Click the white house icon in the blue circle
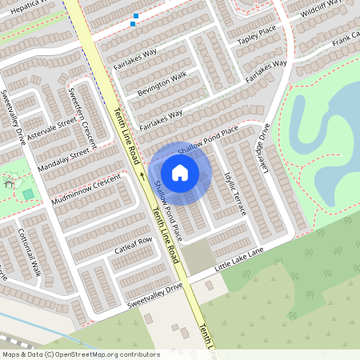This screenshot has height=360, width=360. click(x=180, y=172)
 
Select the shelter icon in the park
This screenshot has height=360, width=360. click(x=10, y=183)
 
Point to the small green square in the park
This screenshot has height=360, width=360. click(x=29, y=194)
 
